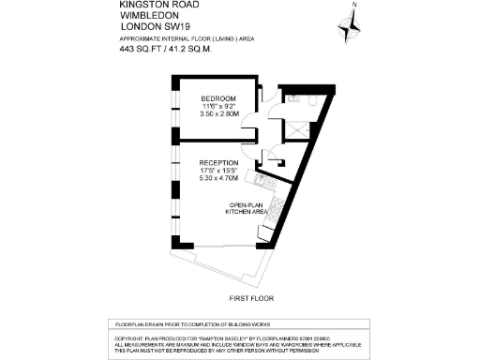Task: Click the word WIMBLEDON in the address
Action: coord(148,15)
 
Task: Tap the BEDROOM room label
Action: coord(218,99)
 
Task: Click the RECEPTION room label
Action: coord(218,163)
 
